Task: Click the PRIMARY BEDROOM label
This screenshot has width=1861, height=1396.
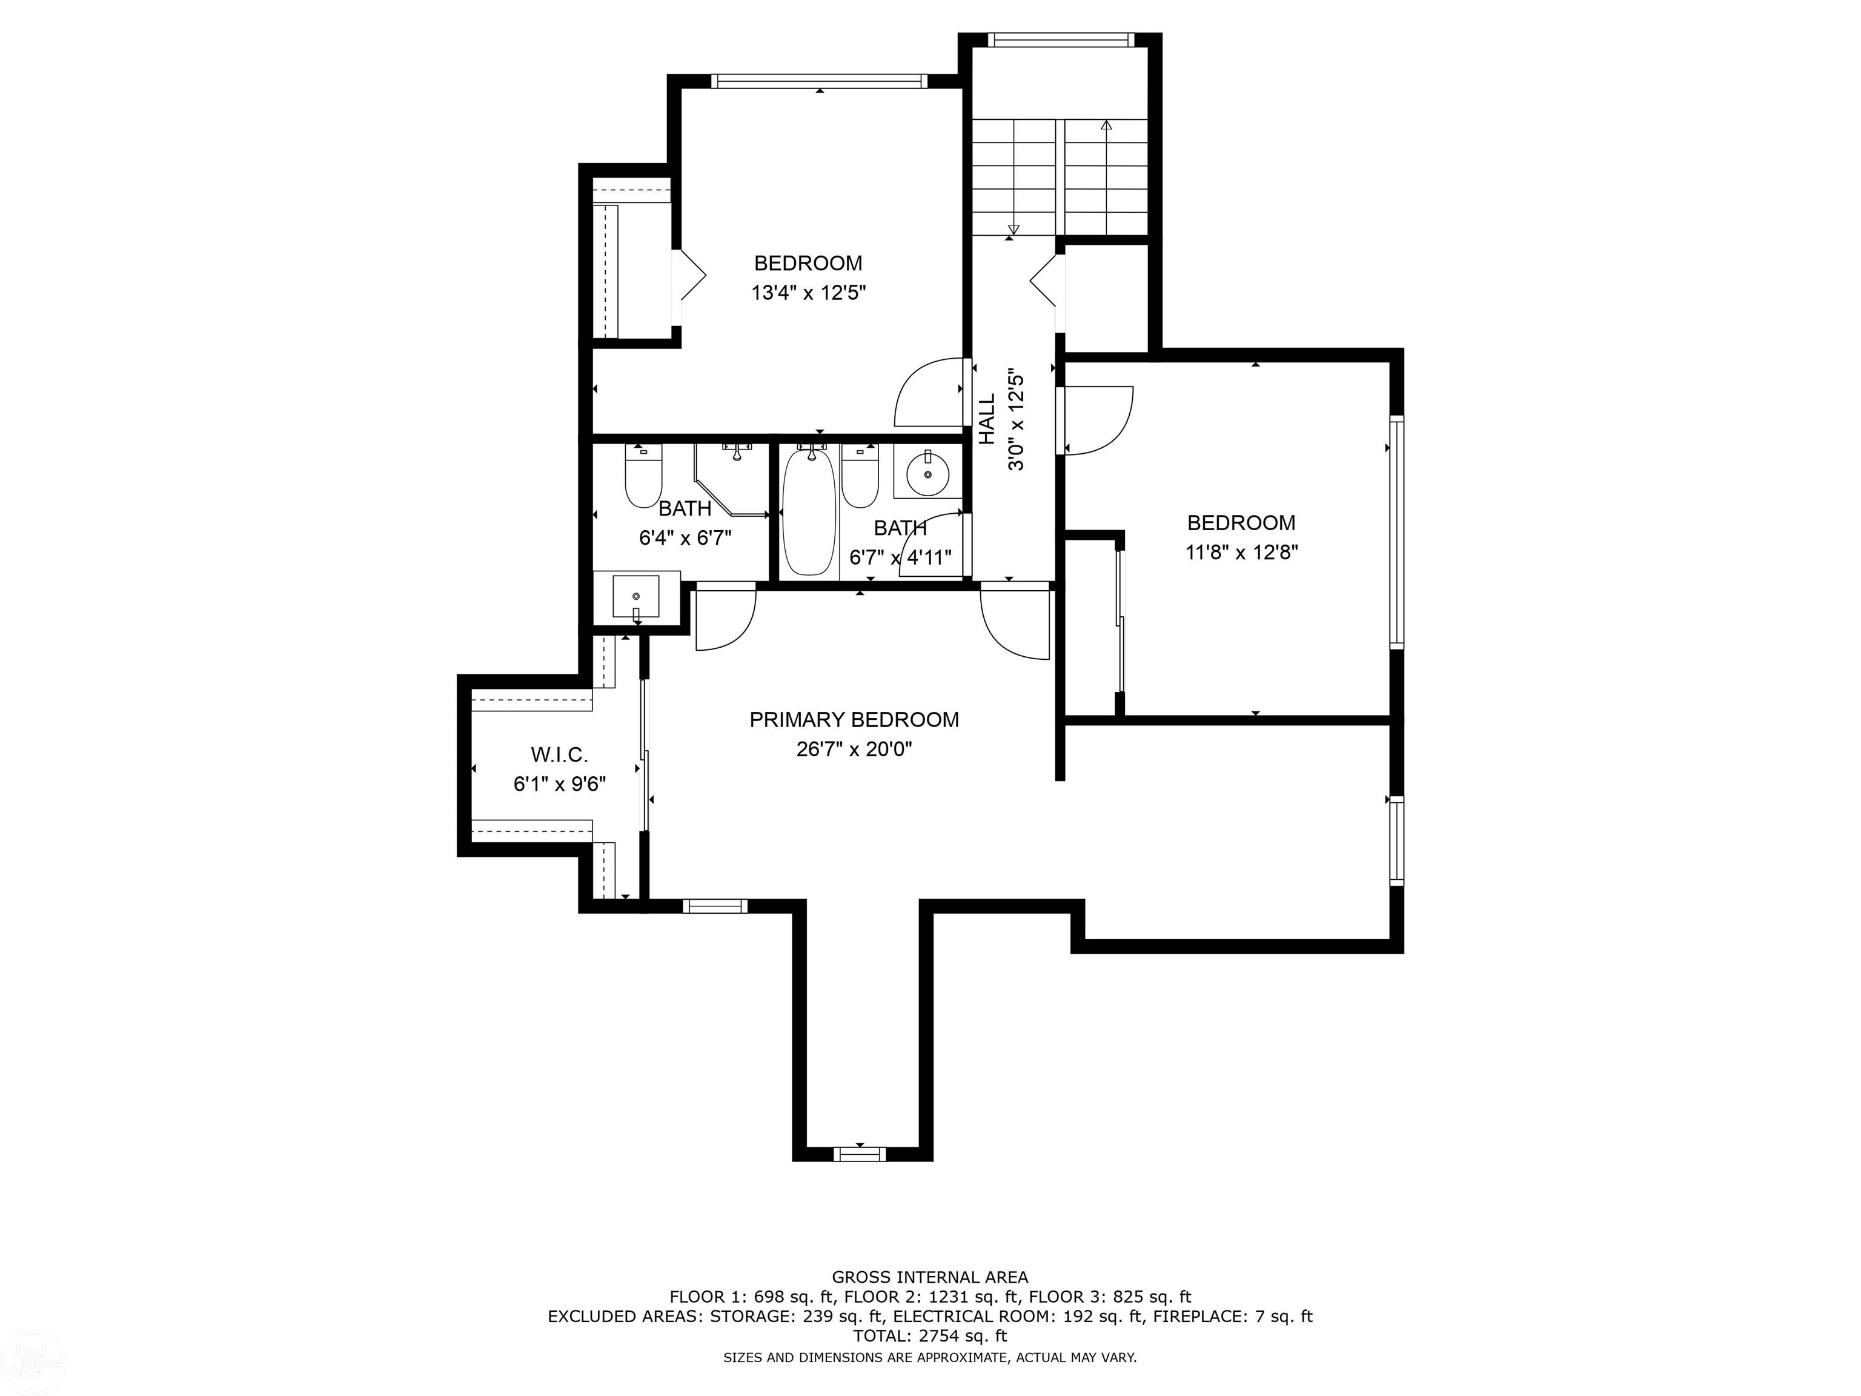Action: [x=854, y=719]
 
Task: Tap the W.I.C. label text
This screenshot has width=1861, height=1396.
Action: [x=560, y=754]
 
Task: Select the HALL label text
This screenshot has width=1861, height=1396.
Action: [x=987, y=419]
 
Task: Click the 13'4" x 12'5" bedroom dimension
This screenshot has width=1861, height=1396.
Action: [x=809, y=293]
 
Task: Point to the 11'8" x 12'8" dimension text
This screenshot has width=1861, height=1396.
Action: [x=1242, y=553]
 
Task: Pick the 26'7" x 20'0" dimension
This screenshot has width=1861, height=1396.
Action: [x=854, y=749]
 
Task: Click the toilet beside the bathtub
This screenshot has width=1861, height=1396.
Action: [x=860, y=477]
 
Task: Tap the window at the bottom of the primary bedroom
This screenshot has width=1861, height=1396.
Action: [x=860, y=1154]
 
